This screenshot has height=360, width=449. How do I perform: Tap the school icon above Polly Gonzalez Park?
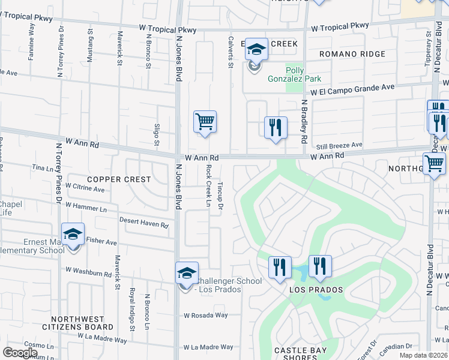(256, 50)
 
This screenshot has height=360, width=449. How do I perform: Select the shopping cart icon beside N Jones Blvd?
(205, 122)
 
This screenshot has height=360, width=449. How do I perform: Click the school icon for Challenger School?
(187, 273)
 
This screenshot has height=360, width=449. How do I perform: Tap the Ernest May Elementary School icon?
(73, 235)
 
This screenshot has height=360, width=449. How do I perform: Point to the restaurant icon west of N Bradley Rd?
(276, 127)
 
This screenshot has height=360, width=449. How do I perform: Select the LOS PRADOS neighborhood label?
(316, 290)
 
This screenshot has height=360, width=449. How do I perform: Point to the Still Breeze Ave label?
(340, 145)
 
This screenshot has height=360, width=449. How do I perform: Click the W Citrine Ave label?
(85, 188)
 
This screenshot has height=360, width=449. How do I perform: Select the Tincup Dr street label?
(220, 197)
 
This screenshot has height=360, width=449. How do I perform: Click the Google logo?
(20, 352)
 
